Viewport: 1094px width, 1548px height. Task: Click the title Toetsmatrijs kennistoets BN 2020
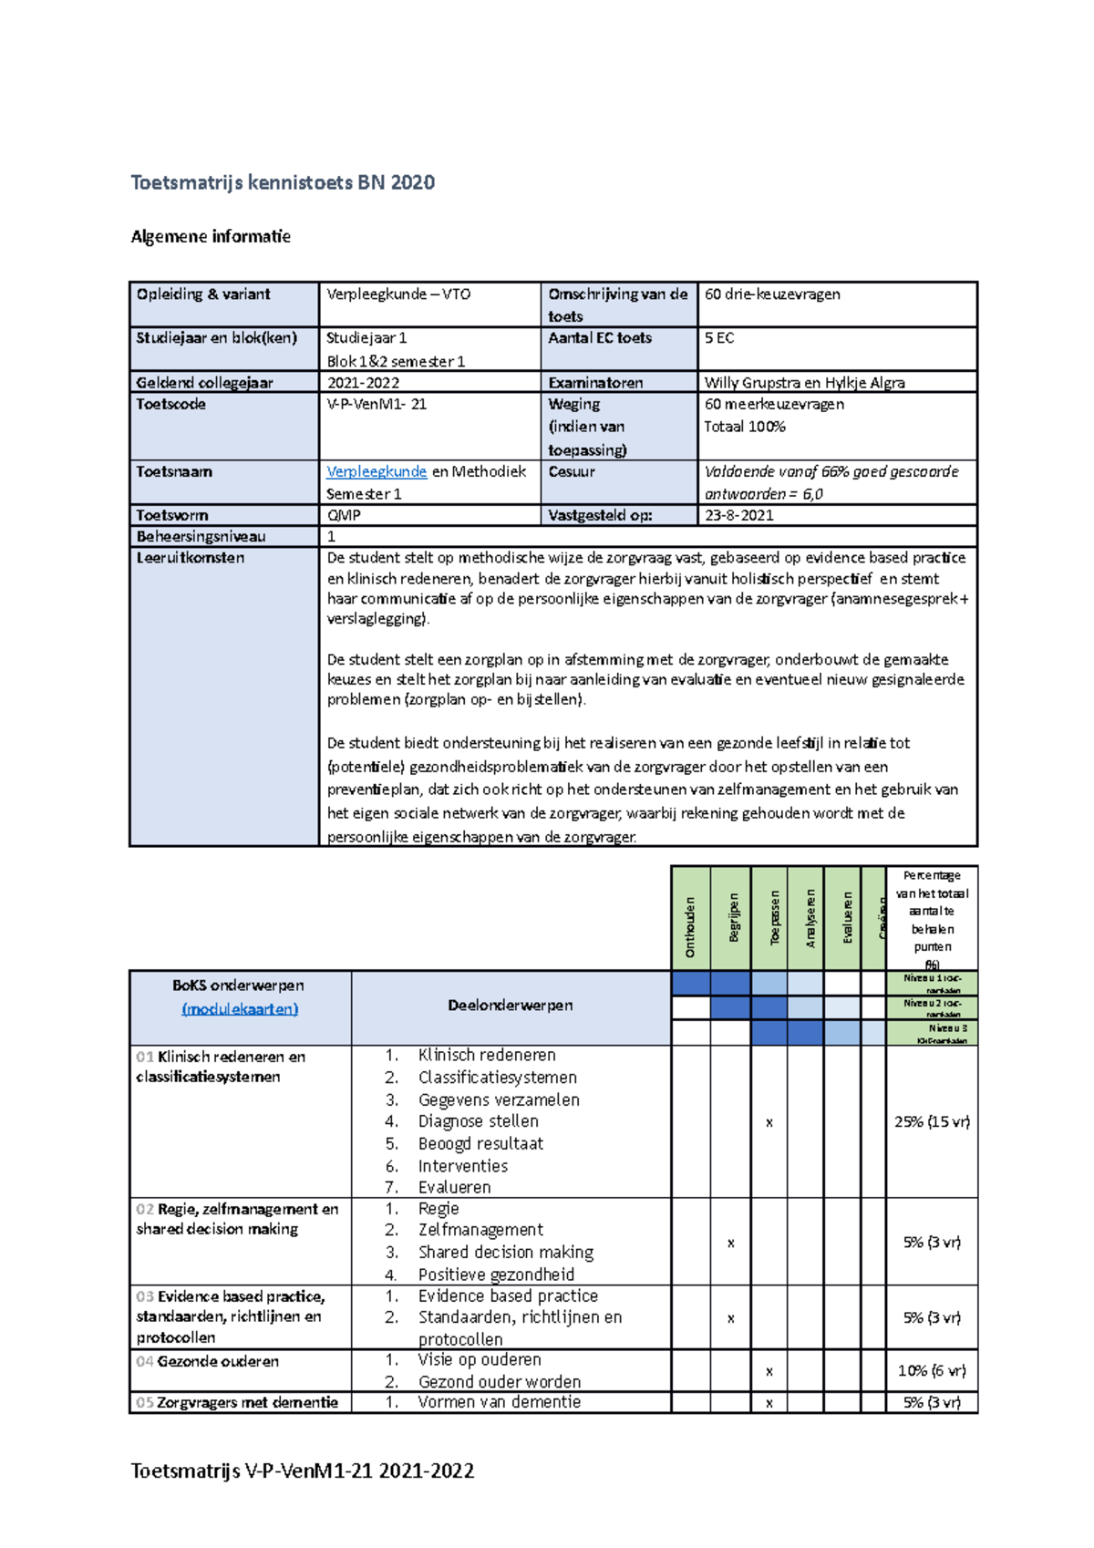click(x=283, y=182)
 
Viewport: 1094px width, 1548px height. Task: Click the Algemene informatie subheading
click(x=211, y=237)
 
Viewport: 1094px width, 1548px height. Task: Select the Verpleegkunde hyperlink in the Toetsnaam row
click(x=377, y=471)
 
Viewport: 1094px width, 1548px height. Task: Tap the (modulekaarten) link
click(x=240, y=1009)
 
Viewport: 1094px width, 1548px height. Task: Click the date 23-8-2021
click(x=738, y=515)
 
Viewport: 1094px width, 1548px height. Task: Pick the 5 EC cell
click(x=719, y=338)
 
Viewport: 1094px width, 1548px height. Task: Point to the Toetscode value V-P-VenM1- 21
click(x=377, y=405)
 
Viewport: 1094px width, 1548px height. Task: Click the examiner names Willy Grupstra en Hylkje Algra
click(x=804, y=383)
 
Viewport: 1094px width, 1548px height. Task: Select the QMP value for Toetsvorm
click(x=344, y=515)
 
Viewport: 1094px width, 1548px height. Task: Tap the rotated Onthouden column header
click(x=690, y=926)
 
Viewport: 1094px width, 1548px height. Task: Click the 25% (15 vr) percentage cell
click(x=932, y=1122)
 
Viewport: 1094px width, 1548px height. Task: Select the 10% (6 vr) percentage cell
click(x=932, y=1371)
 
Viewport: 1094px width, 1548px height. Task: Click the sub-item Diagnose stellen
click(x=478, y=1121)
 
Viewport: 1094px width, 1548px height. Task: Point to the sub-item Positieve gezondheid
click(x=496, y=1275)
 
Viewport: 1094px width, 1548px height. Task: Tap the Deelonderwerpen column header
click(x=510, y=1006)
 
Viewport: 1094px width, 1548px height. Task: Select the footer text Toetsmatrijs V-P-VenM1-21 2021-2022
click(x=303, y=1471)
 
